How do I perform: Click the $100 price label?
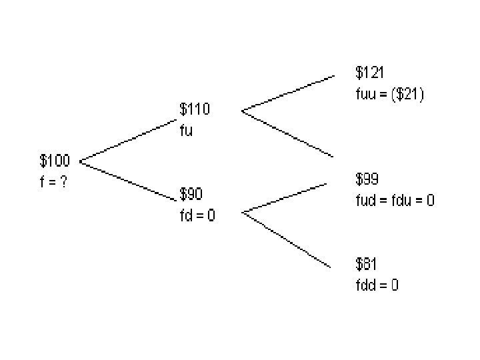(x=55, y=161)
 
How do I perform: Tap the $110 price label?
(x=194, y=109)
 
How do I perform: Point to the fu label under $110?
(x=186, y=130)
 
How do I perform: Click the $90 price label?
(x=191, y=194)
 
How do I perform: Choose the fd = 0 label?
(x=197, y=215)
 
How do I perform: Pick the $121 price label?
(x=369, y=72)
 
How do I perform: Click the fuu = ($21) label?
(x=389, y=93)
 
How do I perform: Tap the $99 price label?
(x=367, y=179)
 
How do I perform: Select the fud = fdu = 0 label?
(x=395, y=200)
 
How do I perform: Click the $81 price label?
(x=367, y=264)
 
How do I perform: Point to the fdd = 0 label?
(x=377, y=285)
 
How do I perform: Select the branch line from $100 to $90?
(x=127, y=180)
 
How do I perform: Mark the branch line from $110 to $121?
(x=288, y=93)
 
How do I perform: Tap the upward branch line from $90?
(x=287, y=197)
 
